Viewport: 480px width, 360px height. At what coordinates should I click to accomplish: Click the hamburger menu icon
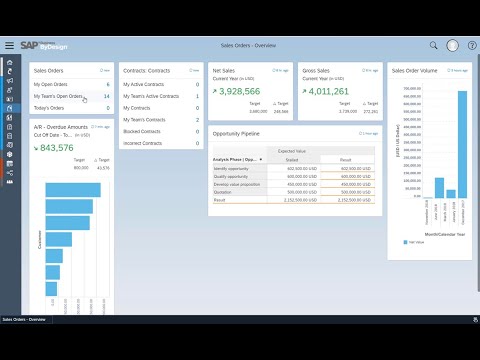[x=9, y=45]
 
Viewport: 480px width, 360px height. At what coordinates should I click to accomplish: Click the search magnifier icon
[x=433, y=45]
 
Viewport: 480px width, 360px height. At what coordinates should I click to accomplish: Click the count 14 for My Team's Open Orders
[x=106, y=96]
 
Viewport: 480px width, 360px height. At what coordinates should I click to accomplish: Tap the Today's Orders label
[x=49, y=108]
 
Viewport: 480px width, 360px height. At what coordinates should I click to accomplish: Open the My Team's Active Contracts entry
[x=151, y=96]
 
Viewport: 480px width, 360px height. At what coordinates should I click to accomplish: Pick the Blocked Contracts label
[x=144, y=131]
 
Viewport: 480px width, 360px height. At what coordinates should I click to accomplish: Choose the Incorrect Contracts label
[x=145, y=143]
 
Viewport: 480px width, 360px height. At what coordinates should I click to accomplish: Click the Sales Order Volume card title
[x=414, y=71]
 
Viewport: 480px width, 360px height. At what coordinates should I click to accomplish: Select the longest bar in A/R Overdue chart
[x=73, y=190]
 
